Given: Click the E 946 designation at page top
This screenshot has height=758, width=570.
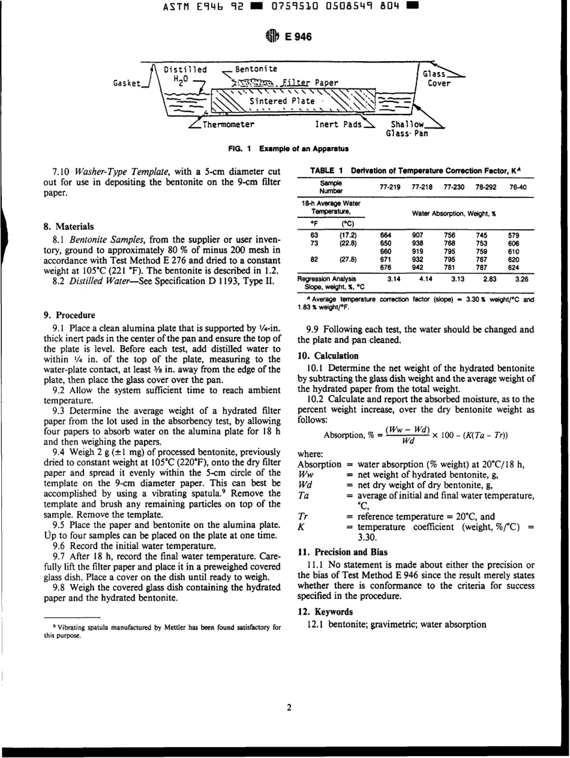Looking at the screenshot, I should pyautogui.click(x=298, y=37).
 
